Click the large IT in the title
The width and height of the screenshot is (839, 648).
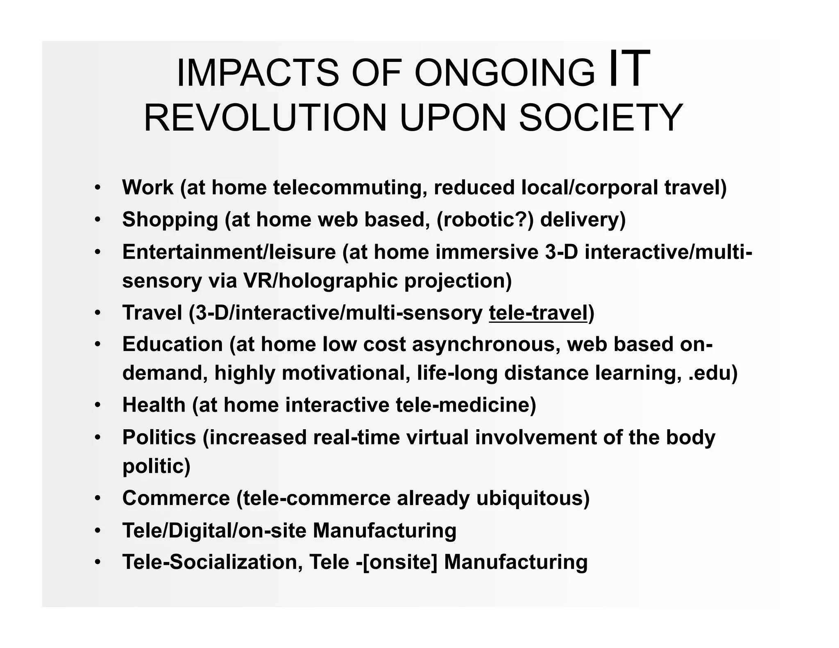coord(629,69)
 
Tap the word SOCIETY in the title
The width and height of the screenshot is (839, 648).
coord(601,118)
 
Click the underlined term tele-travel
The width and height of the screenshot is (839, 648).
coord(538,313)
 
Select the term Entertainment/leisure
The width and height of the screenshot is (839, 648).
coord(229,251)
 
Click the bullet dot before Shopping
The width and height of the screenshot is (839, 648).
coord(98,220)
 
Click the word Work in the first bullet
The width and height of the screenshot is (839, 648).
coord(148,188)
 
